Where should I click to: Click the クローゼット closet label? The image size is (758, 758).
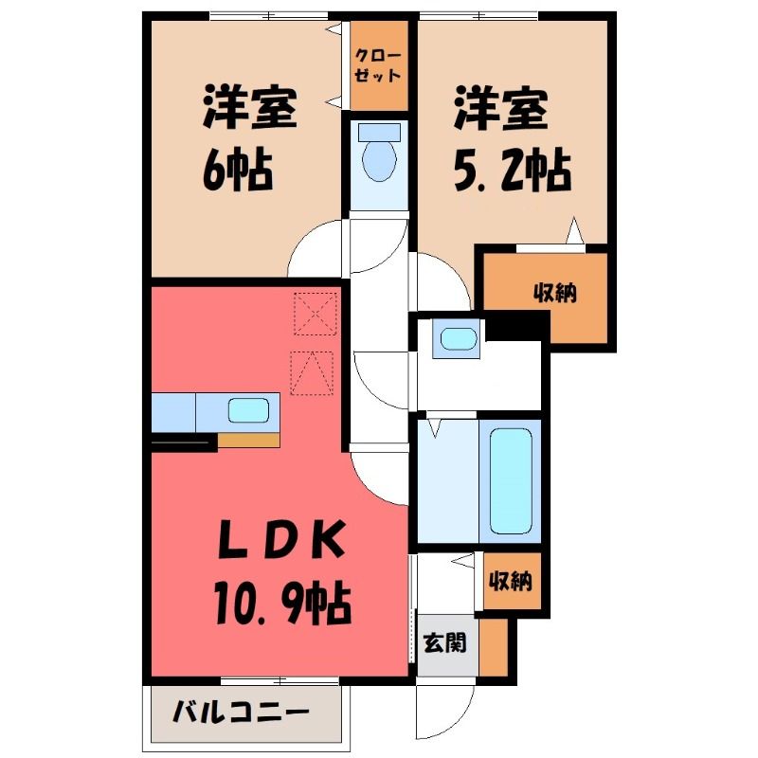point(378,65)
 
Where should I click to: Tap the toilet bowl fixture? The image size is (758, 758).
point(380,159)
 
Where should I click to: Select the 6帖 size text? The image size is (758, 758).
point(238,171)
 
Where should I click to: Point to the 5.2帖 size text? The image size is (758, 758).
point(513,171)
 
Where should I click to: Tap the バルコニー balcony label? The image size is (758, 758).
point(241,712)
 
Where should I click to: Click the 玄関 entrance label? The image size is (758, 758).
point(444,642)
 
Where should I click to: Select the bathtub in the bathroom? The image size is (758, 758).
point(511,481)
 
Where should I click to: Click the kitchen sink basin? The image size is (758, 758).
point(248,410)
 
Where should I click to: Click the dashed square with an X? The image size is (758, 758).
point(316,314)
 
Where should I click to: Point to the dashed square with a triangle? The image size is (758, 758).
point(312,373)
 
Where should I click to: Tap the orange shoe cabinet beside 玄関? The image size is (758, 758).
point(493,647)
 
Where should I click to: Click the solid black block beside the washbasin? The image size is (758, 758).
point(516,325)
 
